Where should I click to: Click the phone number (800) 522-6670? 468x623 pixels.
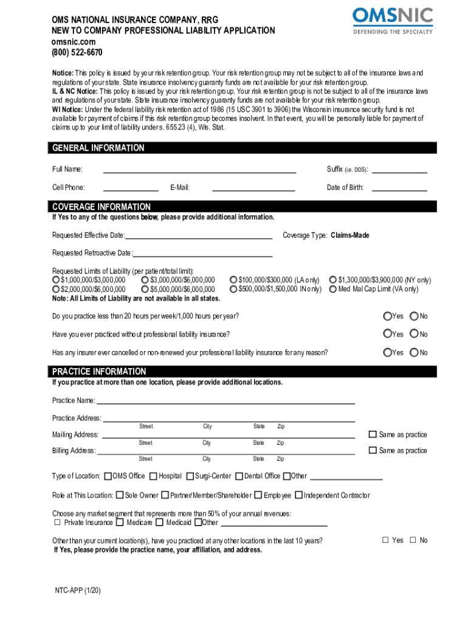tap(77, 52)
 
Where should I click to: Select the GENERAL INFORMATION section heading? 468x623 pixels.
tap(98, 148)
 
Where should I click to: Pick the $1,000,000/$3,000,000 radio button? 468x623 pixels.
tap(56, 280)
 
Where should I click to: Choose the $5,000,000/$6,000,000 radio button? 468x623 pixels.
tap(145, 290)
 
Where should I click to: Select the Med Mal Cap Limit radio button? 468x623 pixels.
tap(333, 290)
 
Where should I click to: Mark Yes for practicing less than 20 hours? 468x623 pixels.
tap(387, 316)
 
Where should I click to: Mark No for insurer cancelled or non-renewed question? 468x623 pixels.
tap(415, 353)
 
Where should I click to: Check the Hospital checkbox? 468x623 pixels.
tap(153, 476)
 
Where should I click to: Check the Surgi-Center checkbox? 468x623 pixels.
tap(190, 476)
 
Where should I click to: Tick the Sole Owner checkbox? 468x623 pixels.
tap(120, 495)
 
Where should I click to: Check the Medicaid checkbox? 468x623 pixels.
tap(160, 522)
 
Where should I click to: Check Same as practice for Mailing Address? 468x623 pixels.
tap(373, 434)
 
